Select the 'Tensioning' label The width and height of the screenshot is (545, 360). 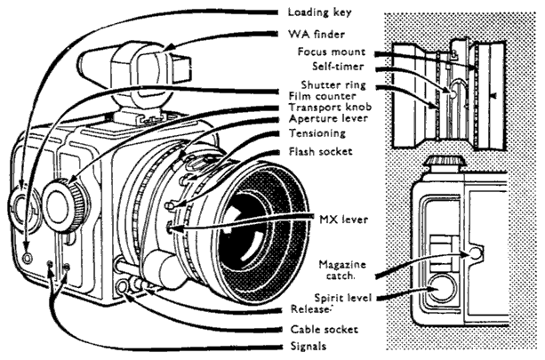(x=318, y=133)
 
